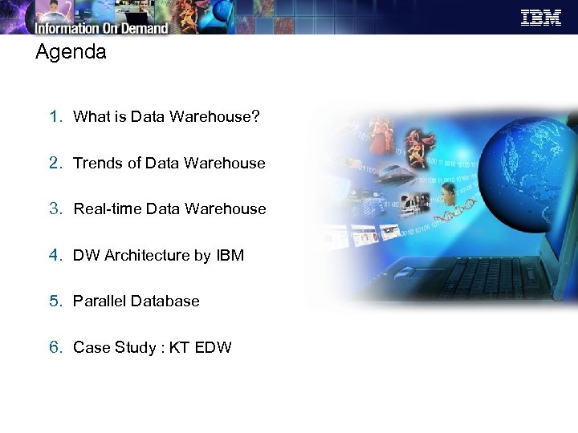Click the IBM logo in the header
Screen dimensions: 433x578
(x=541, y=18)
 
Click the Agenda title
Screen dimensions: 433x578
(x=71, y=53)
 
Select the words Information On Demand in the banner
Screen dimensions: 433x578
(x=101, y=27)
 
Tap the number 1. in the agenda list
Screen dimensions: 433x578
(x=55, y=116)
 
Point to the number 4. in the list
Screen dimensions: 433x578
(x=55, y=255)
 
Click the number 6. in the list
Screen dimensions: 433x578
(x=55, y=347)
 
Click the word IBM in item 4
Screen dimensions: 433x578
(x=230, y=256)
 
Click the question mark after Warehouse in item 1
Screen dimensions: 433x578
(x=255, y=117)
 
